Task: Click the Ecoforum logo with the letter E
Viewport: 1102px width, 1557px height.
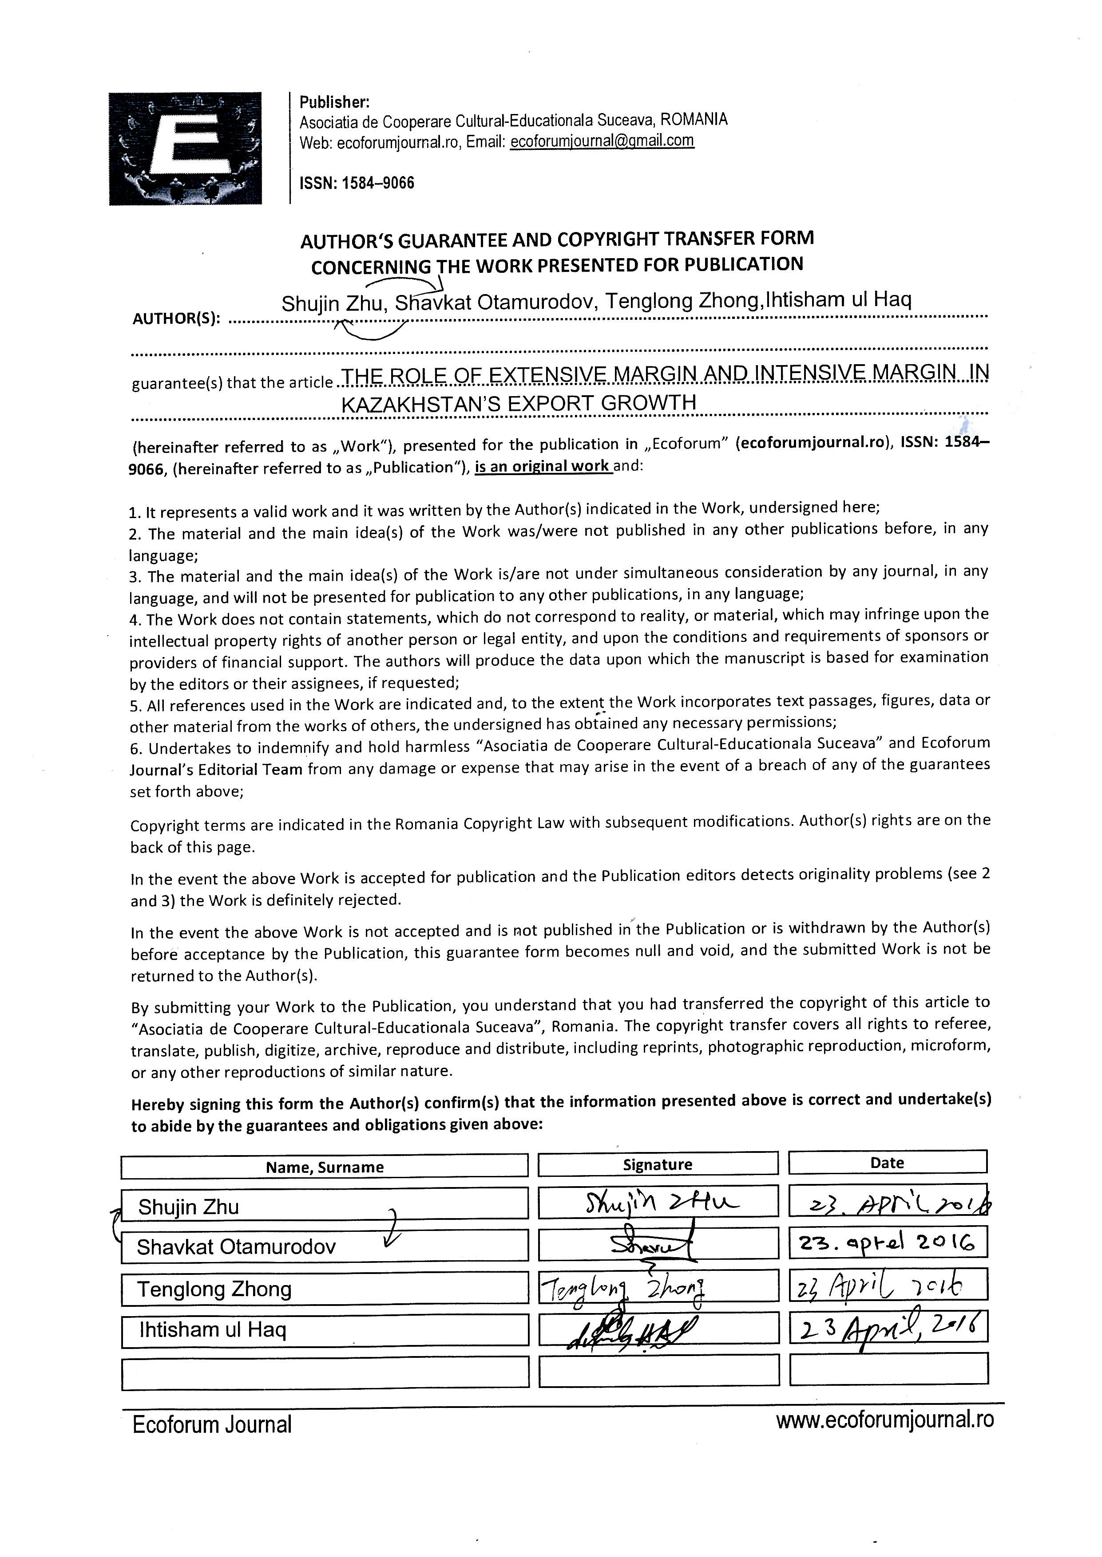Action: pos(185,148)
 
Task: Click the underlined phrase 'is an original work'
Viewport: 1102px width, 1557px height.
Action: pos(543,467)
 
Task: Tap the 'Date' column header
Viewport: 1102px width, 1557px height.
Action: pos(887,1162)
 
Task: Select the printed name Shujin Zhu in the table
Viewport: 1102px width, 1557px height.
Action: pos(189,1207)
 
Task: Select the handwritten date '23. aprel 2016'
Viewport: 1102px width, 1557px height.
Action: pos(887,1243)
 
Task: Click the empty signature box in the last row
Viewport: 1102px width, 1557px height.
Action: pos(658,1371)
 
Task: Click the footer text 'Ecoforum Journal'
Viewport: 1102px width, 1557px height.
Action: pos(212,1424)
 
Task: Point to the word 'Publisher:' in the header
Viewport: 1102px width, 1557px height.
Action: pos(334,102)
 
